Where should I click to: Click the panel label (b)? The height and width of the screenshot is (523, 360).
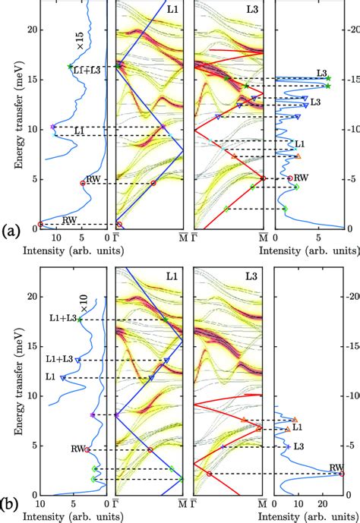pyautogui.click(x=11, y=503)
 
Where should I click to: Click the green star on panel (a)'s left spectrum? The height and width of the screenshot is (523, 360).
pyautogui.click(x=71, y=67)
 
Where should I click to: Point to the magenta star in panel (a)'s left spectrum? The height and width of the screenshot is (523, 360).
pyautogui.click(x=52, y=127)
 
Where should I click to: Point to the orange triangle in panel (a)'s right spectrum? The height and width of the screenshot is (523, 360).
pyautogui.click(x=298, y=156)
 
